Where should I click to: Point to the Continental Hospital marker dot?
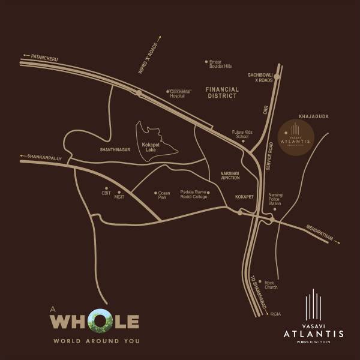pos(168,91)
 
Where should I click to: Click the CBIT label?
pos(106,193)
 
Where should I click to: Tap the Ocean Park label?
pos(164,195)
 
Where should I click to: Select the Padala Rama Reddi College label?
pos(193,194)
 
